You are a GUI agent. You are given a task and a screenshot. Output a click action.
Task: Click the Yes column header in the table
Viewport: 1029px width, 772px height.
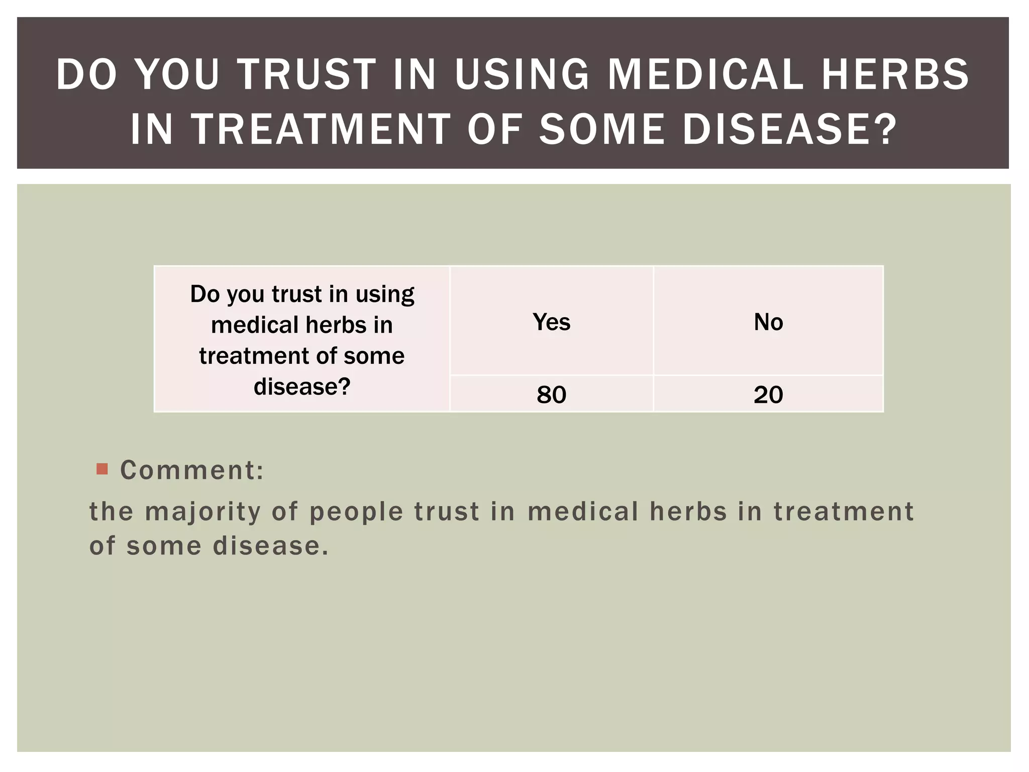click(x=551, y=322)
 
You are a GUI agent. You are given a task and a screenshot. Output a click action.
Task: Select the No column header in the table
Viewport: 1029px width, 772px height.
click(x=768, y=322)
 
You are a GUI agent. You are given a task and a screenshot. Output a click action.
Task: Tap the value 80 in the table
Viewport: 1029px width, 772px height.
click(x=551, y=395)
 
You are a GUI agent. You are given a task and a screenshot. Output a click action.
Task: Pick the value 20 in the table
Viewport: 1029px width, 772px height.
click(x=768, y=395)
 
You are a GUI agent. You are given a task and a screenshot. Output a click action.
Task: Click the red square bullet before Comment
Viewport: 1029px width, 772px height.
click(x=102, y=469)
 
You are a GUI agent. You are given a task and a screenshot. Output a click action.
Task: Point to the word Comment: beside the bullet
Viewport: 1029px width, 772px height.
click(x=192, y=470)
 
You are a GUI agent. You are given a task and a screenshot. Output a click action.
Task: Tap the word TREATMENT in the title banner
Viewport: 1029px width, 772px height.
click(x=322, y=129)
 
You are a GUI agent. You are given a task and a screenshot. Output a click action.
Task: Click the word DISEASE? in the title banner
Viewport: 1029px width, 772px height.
click(x=789, y=129)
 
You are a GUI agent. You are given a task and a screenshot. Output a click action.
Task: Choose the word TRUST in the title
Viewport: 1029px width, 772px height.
click(x=306, y=74)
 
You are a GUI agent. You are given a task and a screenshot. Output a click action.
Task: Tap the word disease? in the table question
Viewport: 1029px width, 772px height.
click(x=302, y=387)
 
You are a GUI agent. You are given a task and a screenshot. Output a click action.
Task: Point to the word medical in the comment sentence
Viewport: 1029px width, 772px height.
click(x=583, y=512)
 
